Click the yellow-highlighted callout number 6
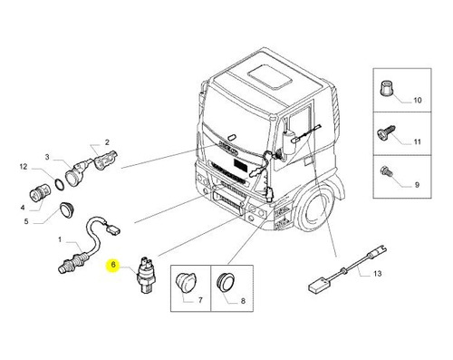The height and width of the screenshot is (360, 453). click(x=113, y=265)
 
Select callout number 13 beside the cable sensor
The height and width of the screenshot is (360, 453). click(x=378, y=274)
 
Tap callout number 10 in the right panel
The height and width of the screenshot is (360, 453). click(x=417, y=100)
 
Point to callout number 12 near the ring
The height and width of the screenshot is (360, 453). click(x=24, y=167)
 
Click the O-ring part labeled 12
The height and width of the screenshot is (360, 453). click(x=60, y=184)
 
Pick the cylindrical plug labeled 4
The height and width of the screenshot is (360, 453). click(x=39, y=192)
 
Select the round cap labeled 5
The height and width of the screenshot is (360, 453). click(x=67, y=209)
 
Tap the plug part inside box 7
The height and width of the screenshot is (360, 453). click(x=185, y=281)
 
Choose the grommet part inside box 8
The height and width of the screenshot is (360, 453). click(x=226, y=282)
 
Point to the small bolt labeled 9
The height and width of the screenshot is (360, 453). click(x=386, y=171)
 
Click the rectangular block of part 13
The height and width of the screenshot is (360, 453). click(x=318, y=286)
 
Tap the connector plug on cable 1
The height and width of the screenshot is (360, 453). click(x=112, y=229)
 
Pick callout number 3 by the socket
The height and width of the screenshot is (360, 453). click(x=47, y=157)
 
